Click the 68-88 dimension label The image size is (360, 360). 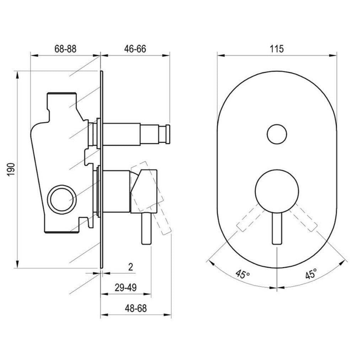click(x=65, y=49)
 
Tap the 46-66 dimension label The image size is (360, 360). click(x=135, y=49)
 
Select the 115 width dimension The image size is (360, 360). click(x=276, y=49)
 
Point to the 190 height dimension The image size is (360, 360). click(x=11, y=170)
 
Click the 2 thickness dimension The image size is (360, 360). click(x=131, y=267)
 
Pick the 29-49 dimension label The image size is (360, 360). click(x=126, y=288)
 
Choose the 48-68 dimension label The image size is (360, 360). click(x=136, y=308)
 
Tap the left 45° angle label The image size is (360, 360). click(x=243, y=274)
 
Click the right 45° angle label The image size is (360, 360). click(x=311, y=274)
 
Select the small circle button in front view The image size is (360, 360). click(x=277, y=134)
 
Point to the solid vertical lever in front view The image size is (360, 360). click(x=277, y=228)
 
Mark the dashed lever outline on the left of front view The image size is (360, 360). click(x=251, y=217)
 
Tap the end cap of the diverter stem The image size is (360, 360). click(x=168, y=134)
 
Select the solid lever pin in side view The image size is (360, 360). click(x=146, y=229)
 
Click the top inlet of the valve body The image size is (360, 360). click(x=61, y=95)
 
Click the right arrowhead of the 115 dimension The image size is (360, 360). click(x=333, y=55)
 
